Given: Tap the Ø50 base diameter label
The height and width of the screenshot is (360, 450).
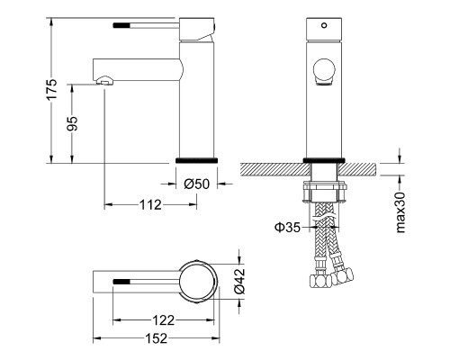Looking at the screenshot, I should [x=196, y=184].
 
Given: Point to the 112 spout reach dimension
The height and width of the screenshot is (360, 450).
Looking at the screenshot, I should [x=149, y=204].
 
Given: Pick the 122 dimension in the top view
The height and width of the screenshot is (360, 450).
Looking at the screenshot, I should [x=163, y=320].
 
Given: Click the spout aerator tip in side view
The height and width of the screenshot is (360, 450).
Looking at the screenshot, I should [x=105, y=82].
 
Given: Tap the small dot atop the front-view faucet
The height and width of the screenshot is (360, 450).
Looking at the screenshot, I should [x=322, y=26].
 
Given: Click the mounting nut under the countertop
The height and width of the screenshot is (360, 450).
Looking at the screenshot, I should [x=323, y=192].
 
